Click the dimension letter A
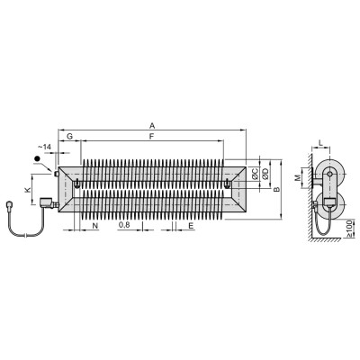click(x=152, y=125)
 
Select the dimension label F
click(x=152, y=137)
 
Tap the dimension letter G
click(x=69, y=137)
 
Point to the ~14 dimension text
click(x=45, y=147)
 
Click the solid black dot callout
click(x=37, y=159)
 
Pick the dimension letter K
click(x=28, y=190)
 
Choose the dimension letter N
click(x=95, y=226)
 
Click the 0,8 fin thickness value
click(x=124, y=225)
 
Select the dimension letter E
click(x=191, y=226)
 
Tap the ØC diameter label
click(x=255, y=174)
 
